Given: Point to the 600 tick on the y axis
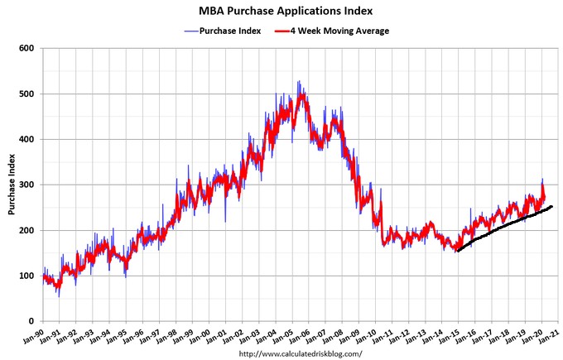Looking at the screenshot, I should (x=26, y=48).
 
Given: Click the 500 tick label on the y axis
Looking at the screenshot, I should (x=26, y=94).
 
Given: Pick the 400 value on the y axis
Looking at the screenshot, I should (x=26, y=139).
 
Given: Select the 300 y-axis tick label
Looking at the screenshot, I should (x=26, y=185).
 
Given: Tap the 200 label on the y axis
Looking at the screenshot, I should (x=26, y=230).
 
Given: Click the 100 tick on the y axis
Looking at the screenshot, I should (x=26, y=276).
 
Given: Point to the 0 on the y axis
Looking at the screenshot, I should (x=31, y=321).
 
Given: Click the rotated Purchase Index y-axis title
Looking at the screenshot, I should (x=12, y=185).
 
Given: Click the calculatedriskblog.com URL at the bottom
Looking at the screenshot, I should (x=300, y=353).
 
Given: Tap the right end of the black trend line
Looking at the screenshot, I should (x=551, y=206).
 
